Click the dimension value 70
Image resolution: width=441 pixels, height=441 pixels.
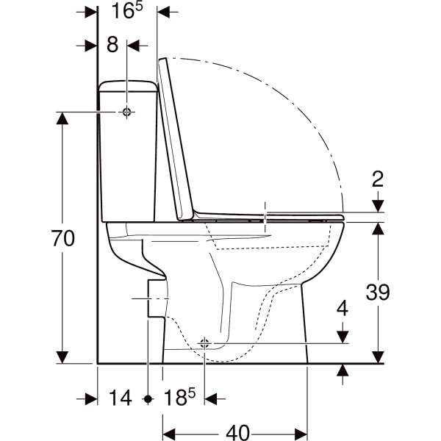click(x=63, y=238)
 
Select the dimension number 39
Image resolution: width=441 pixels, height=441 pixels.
click(x=378, y=292)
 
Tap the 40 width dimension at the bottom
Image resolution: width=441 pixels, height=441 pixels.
click(x=238, y=433)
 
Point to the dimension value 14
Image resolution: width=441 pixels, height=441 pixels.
click(x=120, y=398)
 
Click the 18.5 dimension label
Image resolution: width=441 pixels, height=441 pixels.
click(x=179, y=397)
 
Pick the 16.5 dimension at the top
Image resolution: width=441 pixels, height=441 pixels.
click(x=127, y=10)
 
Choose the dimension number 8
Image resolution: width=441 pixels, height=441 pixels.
click(x=112, y=44)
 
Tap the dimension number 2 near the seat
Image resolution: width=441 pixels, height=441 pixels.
click(x=378, y=179)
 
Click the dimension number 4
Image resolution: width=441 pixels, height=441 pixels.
click(x=343, y=308)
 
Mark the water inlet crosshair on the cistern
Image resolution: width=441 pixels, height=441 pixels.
click(x=127, y=112)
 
